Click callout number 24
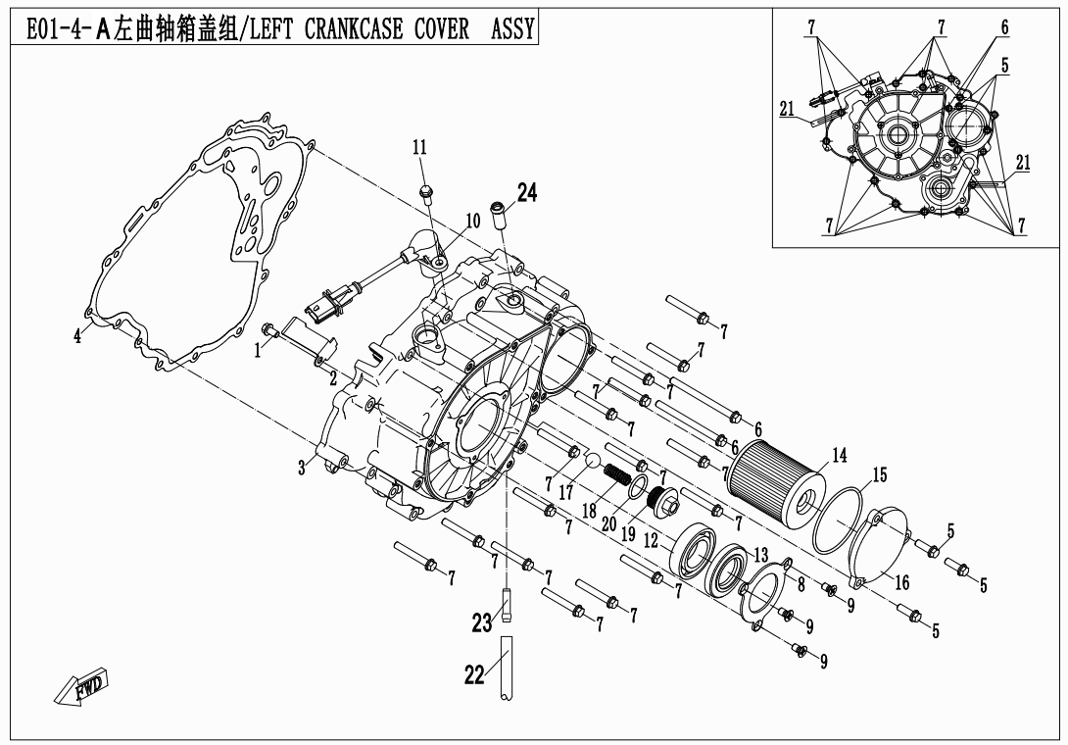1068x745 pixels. point(527,194)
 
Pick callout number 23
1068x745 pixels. point(480,621)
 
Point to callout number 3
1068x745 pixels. point(303,469)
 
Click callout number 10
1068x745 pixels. point(472,222)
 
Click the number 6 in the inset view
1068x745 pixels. point(1004,28)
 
